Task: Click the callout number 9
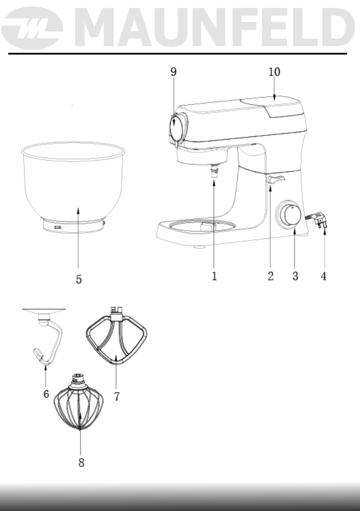tap(173, 72)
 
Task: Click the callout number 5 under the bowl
tap(79, 279)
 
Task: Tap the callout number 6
tap(46, 393)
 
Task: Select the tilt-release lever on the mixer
tap(275, 179)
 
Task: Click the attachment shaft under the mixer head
tap(214, 172)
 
